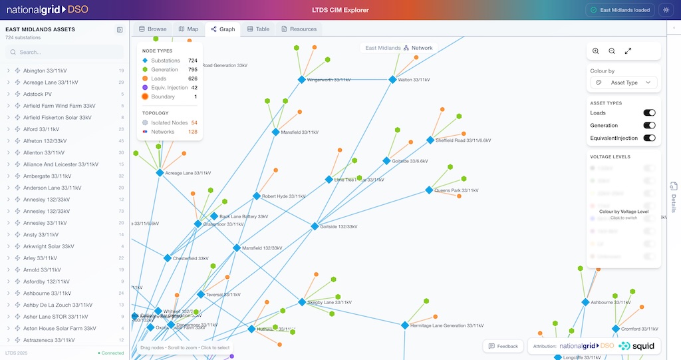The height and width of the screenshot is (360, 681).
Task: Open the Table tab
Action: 258,29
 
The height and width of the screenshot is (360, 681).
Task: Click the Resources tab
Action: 299,29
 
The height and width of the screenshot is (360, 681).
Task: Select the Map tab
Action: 188,29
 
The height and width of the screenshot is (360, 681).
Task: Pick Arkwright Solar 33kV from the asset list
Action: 49,246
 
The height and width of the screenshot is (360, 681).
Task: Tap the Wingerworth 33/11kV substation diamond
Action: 301,79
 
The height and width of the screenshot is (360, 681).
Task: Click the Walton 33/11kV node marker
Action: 392,79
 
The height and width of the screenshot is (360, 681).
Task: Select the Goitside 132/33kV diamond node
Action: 315,226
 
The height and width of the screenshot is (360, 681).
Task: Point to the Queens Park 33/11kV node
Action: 429,190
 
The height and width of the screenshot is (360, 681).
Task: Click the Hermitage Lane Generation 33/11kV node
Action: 404,325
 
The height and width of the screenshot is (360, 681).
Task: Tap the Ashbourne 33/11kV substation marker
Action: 585,302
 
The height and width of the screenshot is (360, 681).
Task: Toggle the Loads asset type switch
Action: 649,113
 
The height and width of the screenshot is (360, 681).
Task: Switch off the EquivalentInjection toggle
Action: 649,138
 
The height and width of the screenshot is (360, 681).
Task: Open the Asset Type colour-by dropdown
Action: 624,83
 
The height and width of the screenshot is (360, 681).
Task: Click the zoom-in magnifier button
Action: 595,51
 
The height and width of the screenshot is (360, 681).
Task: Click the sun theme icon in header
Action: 666,10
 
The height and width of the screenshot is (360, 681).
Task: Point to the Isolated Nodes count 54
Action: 194,122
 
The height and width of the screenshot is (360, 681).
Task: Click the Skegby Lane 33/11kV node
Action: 301,302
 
